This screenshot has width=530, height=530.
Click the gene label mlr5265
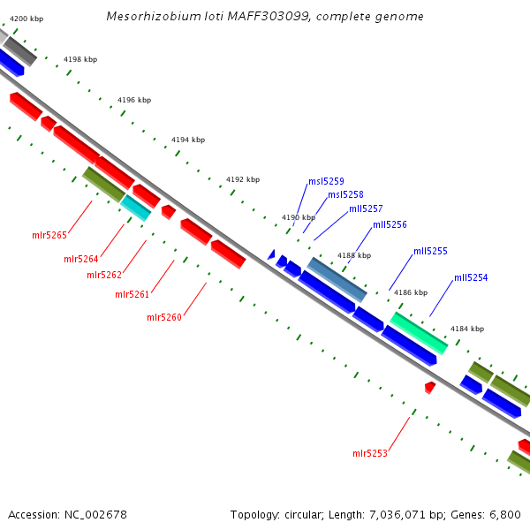(x=49, y=235)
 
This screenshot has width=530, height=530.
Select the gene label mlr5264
(x=81, y=259)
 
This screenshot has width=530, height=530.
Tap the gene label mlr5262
(x=104, y=275)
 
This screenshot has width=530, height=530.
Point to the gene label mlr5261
(x=132, y=294)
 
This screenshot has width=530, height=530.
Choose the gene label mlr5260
(x=164, y=317)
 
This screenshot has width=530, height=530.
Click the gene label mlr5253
(x=370, y=453)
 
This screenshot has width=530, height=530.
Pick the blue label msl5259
(x=326, y=181)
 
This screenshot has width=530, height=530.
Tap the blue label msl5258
(x=345, y=194)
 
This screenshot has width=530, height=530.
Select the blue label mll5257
(x=366, y=208)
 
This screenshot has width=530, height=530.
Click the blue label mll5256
(x=390, y=224)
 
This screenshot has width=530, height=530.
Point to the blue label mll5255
(x=430, y=251)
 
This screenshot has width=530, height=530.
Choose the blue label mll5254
(x=471, y=277)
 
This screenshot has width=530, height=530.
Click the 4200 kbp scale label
(x=26, y=18)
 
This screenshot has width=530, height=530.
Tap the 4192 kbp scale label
(x=243, y=179)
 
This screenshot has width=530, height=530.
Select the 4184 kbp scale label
(x=467, y=329)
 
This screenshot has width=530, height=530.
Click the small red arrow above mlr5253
(x=429, y=387)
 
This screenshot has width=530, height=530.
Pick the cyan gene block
(x=135, y=207)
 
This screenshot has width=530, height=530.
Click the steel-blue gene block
(x=337, y=279)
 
